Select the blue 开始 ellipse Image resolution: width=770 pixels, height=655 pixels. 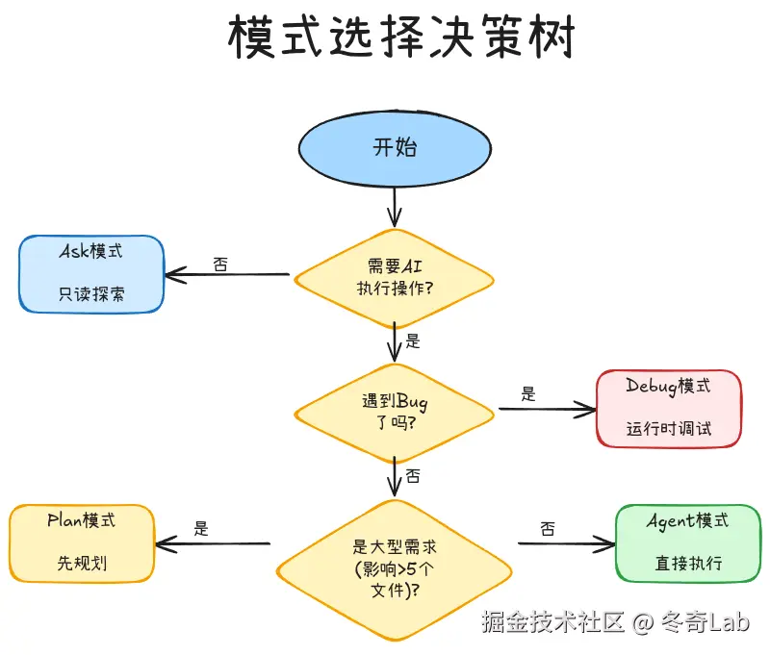pos(394,148)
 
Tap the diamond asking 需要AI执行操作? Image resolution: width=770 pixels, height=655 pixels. pos(394,276)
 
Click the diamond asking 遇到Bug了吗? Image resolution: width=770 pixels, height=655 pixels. pos(394,413)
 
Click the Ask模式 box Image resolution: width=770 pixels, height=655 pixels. pos(91,273)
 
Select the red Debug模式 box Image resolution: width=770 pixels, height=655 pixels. pos(668,408)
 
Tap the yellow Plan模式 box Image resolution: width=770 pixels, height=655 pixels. pos(81,542)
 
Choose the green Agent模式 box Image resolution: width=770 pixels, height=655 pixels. pos(687,542)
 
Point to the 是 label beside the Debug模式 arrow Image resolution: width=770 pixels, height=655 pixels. pos(527,393)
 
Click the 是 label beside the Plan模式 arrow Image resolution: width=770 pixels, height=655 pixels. pos(201,528)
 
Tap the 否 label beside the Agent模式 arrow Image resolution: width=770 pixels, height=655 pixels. pos(548,528)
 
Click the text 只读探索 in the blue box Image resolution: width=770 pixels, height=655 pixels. pos(91,294)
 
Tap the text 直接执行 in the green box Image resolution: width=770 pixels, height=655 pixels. pos(687,564)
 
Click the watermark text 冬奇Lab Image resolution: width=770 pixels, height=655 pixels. pos(706,622)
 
